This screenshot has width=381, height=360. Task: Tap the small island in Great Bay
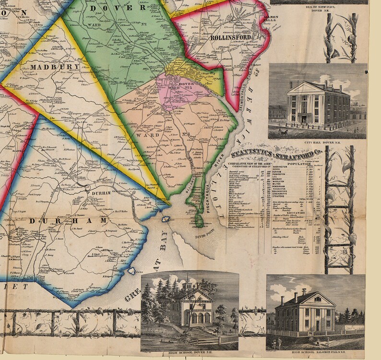(x=167, y=219)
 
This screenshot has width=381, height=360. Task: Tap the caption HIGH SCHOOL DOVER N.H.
(x=189, y=354)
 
